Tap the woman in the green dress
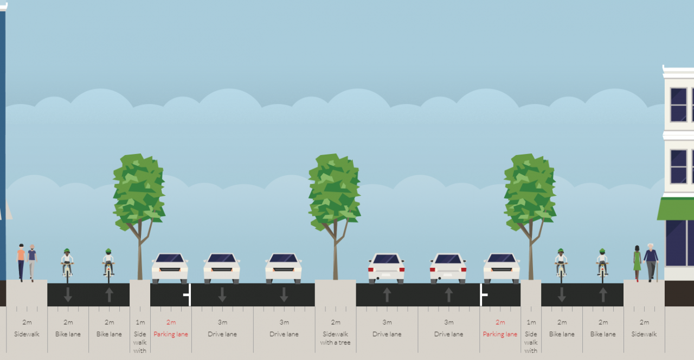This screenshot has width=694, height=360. [x=637, y=263]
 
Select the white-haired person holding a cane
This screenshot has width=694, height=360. [x=651, y=263]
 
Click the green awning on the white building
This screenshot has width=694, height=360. [x=676, y=209]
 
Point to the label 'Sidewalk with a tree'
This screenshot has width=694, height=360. [x=335, y=338]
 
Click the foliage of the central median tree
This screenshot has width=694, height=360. [x=335, y=192]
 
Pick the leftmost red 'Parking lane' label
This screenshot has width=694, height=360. [x=171, y=335]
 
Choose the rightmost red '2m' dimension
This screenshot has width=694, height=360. [x=500, y=322]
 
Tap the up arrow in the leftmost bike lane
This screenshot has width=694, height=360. [x=109, y=295]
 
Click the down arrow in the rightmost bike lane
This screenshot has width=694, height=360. [x=561, y=295]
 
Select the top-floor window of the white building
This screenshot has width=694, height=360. [x=678, y=105]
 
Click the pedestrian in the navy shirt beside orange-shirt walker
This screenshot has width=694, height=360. [x=32, y=263]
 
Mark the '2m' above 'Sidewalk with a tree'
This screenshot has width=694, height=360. [x=336, y=322]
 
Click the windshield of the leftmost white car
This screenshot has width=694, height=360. [x=170, y=258]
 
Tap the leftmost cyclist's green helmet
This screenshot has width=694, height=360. [x=67, y=250]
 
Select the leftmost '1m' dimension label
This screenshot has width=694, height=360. [x=140, y=322]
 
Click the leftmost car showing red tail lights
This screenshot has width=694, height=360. [x=386, y=268]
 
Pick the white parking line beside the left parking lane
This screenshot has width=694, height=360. [x=189, y=294]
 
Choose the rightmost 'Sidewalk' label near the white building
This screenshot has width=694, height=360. [x=644, y=335]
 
